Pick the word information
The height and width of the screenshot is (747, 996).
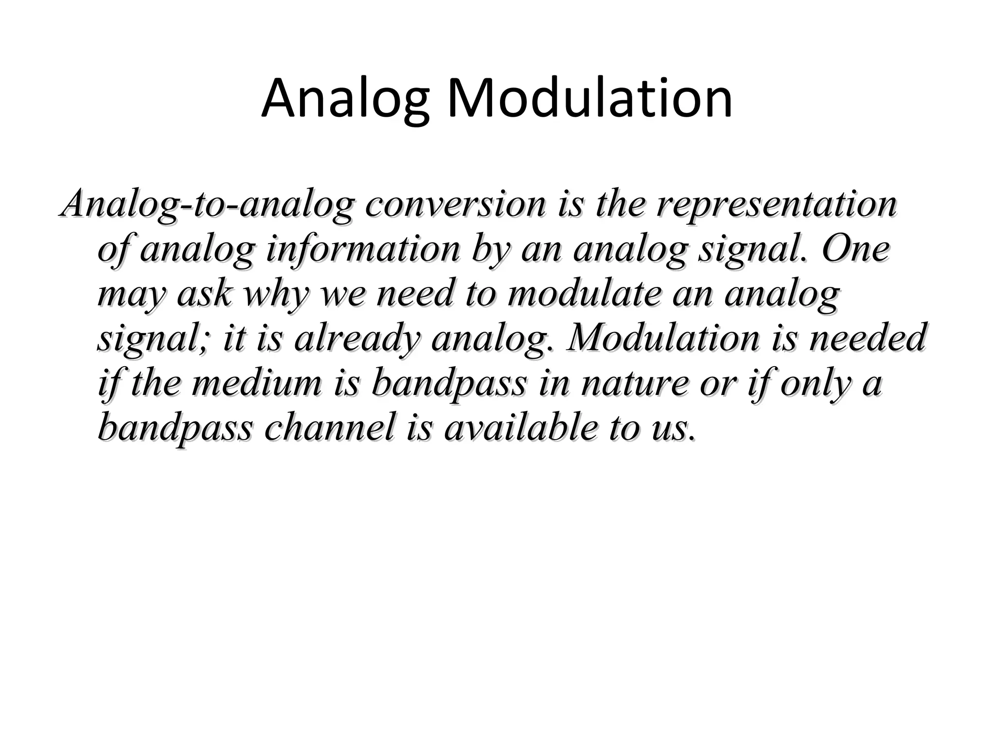point(363,249)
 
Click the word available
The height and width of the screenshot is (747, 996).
point(519,427)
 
